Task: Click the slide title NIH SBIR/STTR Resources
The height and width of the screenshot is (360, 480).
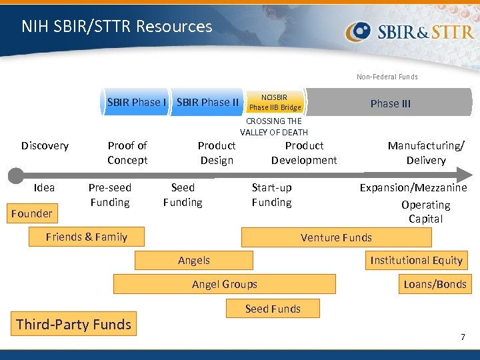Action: (x=117, y=27)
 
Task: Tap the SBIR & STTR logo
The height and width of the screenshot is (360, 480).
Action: (x=409, y=32)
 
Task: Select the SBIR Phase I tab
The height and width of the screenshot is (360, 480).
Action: (x=136, y=102)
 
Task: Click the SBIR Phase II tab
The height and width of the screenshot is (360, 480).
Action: (x=207, y=102)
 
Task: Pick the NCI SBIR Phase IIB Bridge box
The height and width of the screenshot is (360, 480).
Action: (x=275, y=102)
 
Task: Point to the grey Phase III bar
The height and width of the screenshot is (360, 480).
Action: (x=390, y=103)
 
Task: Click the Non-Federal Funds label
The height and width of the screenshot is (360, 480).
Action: (x=387, y=77)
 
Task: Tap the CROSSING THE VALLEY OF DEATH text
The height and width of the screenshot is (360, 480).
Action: (x=274, y=127)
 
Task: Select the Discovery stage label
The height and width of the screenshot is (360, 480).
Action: (x=45, y=145)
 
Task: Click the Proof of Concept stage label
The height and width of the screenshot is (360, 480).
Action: (x=127, y=153)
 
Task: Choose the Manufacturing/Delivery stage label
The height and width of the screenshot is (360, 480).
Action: (x=426, y=153)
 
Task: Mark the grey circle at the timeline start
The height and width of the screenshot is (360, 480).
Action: (x=15, y=175)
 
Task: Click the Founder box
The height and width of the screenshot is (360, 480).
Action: (x=31, y=213)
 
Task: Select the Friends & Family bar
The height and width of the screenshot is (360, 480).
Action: (x=87, y=237)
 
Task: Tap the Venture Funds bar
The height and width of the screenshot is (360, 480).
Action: (x=336, y=237)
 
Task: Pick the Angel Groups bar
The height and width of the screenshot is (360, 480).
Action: (x=224, y=284)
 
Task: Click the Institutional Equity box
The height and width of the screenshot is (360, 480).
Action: (x=416, y=260)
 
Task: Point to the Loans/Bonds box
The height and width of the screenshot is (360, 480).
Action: (x=435, y=284)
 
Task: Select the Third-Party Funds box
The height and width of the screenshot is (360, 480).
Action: (x=73, y=325)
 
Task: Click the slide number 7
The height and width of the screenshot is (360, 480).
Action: (x=463, y=337)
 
